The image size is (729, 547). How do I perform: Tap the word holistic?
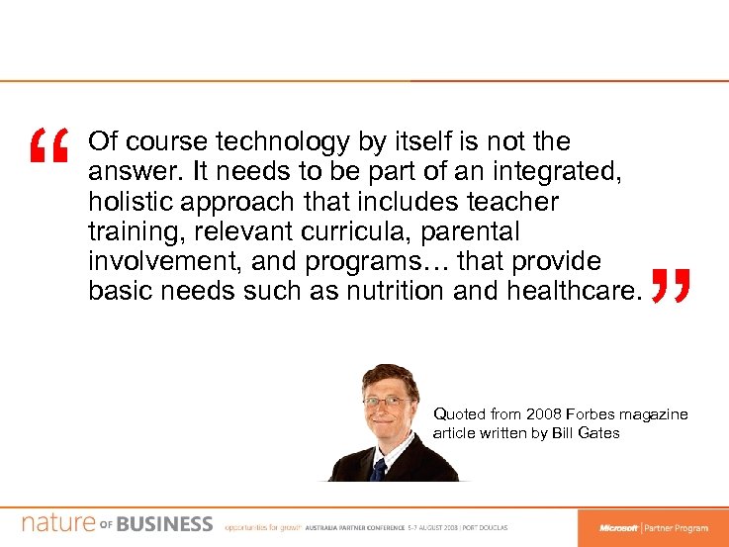pyautogui.click(x=124, y=202)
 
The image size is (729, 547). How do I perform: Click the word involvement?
pyautogui.click(x=161, y=261)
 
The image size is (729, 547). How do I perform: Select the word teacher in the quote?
pyautogui.click(x=513, y=202)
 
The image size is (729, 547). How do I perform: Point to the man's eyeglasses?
pyautogui.click(x=386, y=402)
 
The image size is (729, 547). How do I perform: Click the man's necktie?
pyautogui.click(x=378, y=467)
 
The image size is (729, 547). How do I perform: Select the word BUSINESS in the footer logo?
pyautogui.click(x=164, y=523)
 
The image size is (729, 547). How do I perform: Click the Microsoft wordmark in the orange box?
pyautogui.click(x=618, y=527)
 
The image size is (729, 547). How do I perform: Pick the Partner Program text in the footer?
pyautogui.click(x=678, y=527)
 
